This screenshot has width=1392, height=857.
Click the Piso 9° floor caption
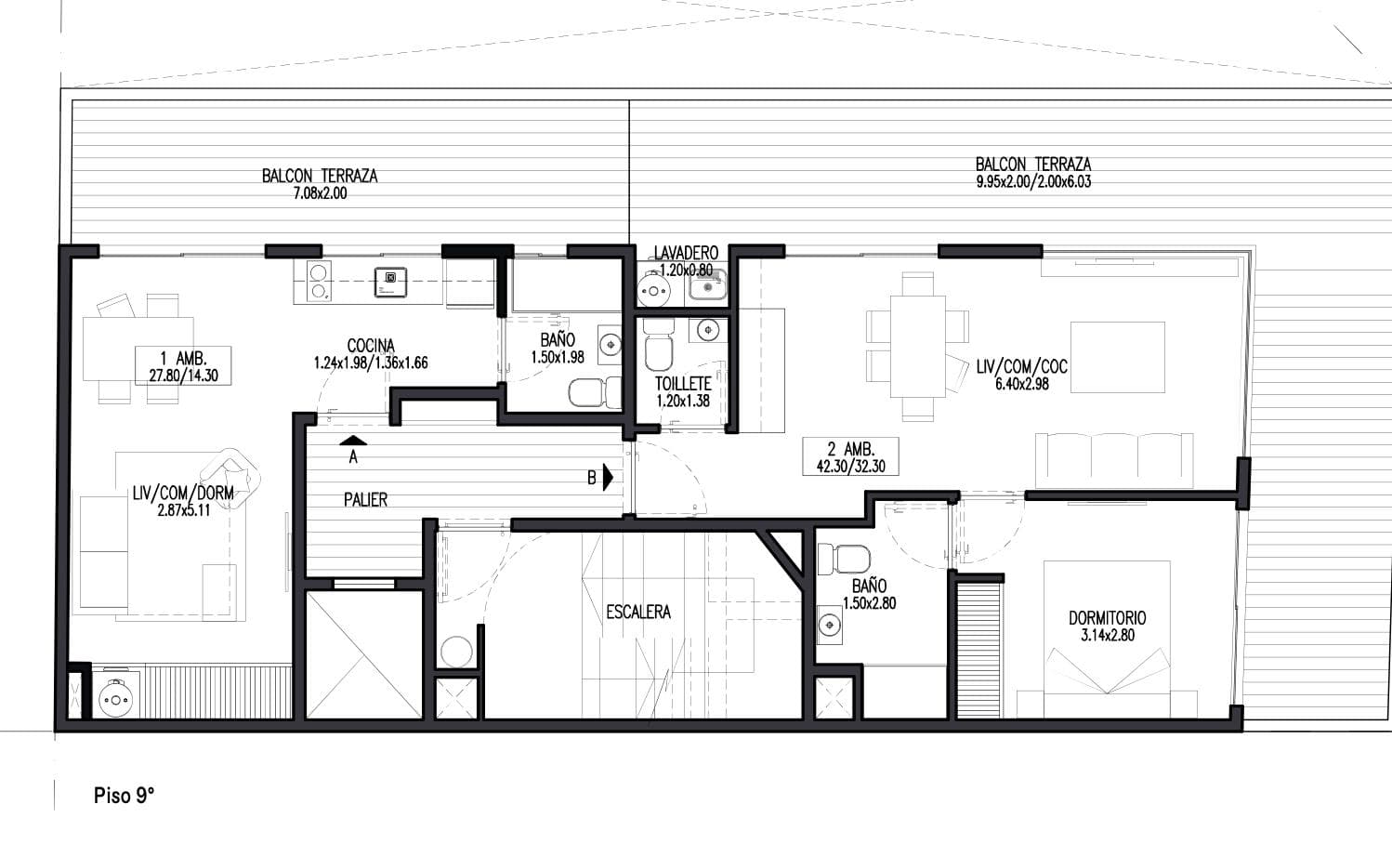(x=124, y=796)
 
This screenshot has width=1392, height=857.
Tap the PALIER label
(x=365, y=500)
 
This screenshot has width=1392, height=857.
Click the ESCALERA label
(x=638, y=613)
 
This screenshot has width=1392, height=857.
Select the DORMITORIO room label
(x=1108, y=618)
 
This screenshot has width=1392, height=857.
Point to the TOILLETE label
(x=683, y=384)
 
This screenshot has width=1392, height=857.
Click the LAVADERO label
(x=686, y=253)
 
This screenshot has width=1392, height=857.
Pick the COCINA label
(x=371, y=346)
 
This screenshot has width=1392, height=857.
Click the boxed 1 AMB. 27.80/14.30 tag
(x=183, y=366)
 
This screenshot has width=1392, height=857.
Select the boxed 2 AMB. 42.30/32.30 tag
(x=851, y=456)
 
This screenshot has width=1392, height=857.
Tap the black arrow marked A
(x=354, y=441)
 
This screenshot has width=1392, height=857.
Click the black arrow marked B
(x=608, y=477)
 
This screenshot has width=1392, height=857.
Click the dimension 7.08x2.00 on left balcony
(x=320, y=193)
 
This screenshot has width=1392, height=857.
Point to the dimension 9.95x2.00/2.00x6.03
(x=1033, y=181)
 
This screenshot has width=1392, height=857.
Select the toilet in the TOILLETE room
(x=658, y=344)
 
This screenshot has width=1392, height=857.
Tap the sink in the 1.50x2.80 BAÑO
(x=829, y=624)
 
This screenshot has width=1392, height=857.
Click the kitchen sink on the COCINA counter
(x=390, y=283)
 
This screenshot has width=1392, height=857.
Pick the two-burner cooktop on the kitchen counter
(x=319, y=283)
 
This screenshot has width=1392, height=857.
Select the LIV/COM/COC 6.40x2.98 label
(x=1022, y=375)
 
